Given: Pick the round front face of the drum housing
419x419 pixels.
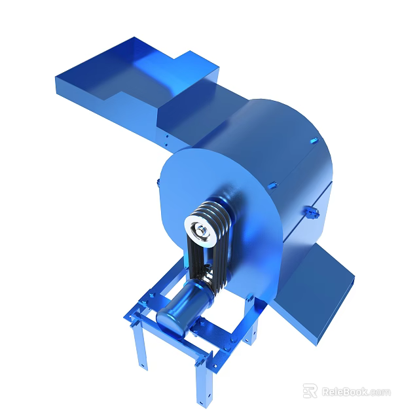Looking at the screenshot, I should coord(196,196).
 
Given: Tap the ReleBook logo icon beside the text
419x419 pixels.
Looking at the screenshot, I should coord(310,392).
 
